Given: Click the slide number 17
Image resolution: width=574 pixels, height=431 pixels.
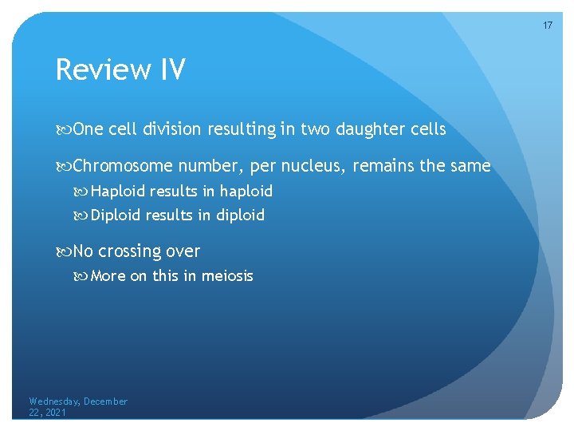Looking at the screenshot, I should tap(548, 26).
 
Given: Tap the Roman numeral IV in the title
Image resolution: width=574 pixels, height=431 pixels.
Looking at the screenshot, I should tap(171, 70).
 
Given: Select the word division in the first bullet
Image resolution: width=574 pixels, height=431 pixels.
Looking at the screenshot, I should tap(175, 129).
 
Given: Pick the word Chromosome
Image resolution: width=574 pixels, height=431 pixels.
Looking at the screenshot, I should tap(123, 166).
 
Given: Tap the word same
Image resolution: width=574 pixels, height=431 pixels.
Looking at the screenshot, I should tap(469, 166).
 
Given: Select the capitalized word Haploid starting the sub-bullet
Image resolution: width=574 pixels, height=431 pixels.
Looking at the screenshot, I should tap(118, 192).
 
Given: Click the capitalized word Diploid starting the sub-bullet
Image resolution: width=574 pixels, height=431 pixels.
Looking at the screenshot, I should tap(116, 215).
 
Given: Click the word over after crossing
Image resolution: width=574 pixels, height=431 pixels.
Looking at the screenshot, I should tap(183, 251).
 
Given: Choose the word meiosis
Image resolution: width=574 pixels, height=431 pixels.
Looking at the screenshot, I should tap(227, 276).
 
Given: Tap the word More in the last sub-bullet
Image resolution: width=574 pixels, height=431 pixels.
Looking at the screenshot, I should tap(108, 276).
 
